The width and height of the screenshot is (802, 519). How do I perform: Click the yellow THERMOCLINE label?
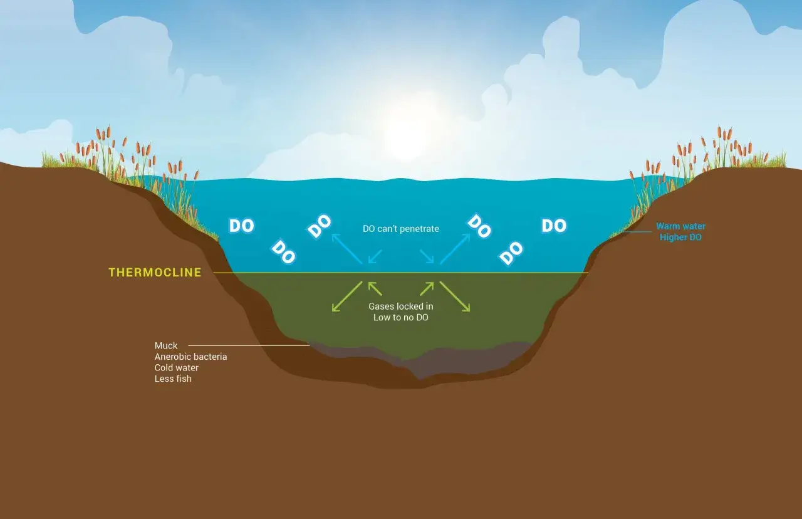[x=155, y=272]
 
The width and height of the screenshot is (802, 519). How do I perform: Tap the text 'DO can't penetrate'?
[x=400, y=229]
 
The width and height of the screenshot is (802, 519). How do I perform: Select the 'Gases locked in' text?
[x=400, y=307]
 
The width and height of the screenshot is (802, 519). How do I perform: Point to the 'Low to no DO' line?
[x=400, y=317]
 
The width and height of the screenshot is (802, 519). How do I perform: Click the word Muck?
[x=166, y=345]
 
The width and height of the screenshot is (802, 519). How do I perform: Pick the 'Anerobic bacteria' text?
[x=190, y=357]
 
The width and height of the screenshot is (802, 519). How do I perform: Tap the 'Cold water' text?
[x=176, y=367]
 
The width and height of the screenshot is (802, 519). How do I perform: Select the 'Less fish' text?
[x=173, y=379]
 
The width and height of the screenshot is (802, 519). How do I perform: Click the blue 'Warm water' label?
[x=680, y=226]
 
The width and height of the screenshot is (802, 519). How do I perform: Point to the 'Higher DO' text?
[x=680, y=237]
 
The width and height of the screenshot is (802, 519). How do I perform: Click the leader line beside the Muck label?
[x=249, y=345]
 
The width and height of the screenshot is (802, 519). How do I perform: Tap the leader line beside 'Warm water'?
[x=637, y=232]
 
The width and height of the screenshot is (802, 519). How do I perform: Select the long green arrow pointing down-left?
[x=347, y=296]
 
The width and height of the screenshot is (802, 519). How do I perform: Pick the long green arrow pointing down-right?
[x=455, y=296]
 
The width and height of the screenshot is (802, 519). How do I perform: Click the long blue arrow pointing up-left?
[x=347, y=249]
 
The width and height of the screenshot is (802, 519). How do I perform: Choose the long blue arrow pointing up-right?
[x=455, y=249]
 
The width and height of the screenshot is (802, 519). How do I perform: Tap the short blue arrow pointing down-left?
[x=375, y=256]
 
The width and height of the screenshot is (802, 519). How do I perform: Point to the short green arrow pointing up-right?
[x=427, y=289]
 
